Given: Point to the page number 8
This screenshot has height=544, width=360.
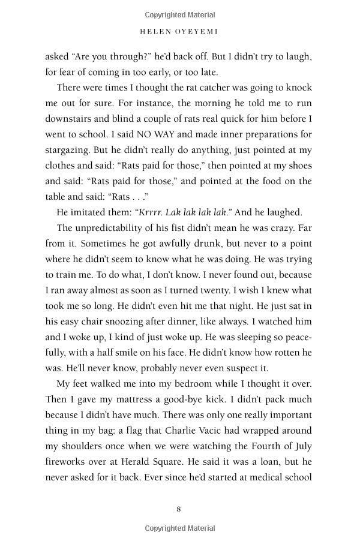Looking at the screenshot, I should [x=179, y=509].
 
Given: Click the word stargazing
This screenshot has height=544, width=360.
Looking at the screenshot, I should [x=70, y=149].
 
